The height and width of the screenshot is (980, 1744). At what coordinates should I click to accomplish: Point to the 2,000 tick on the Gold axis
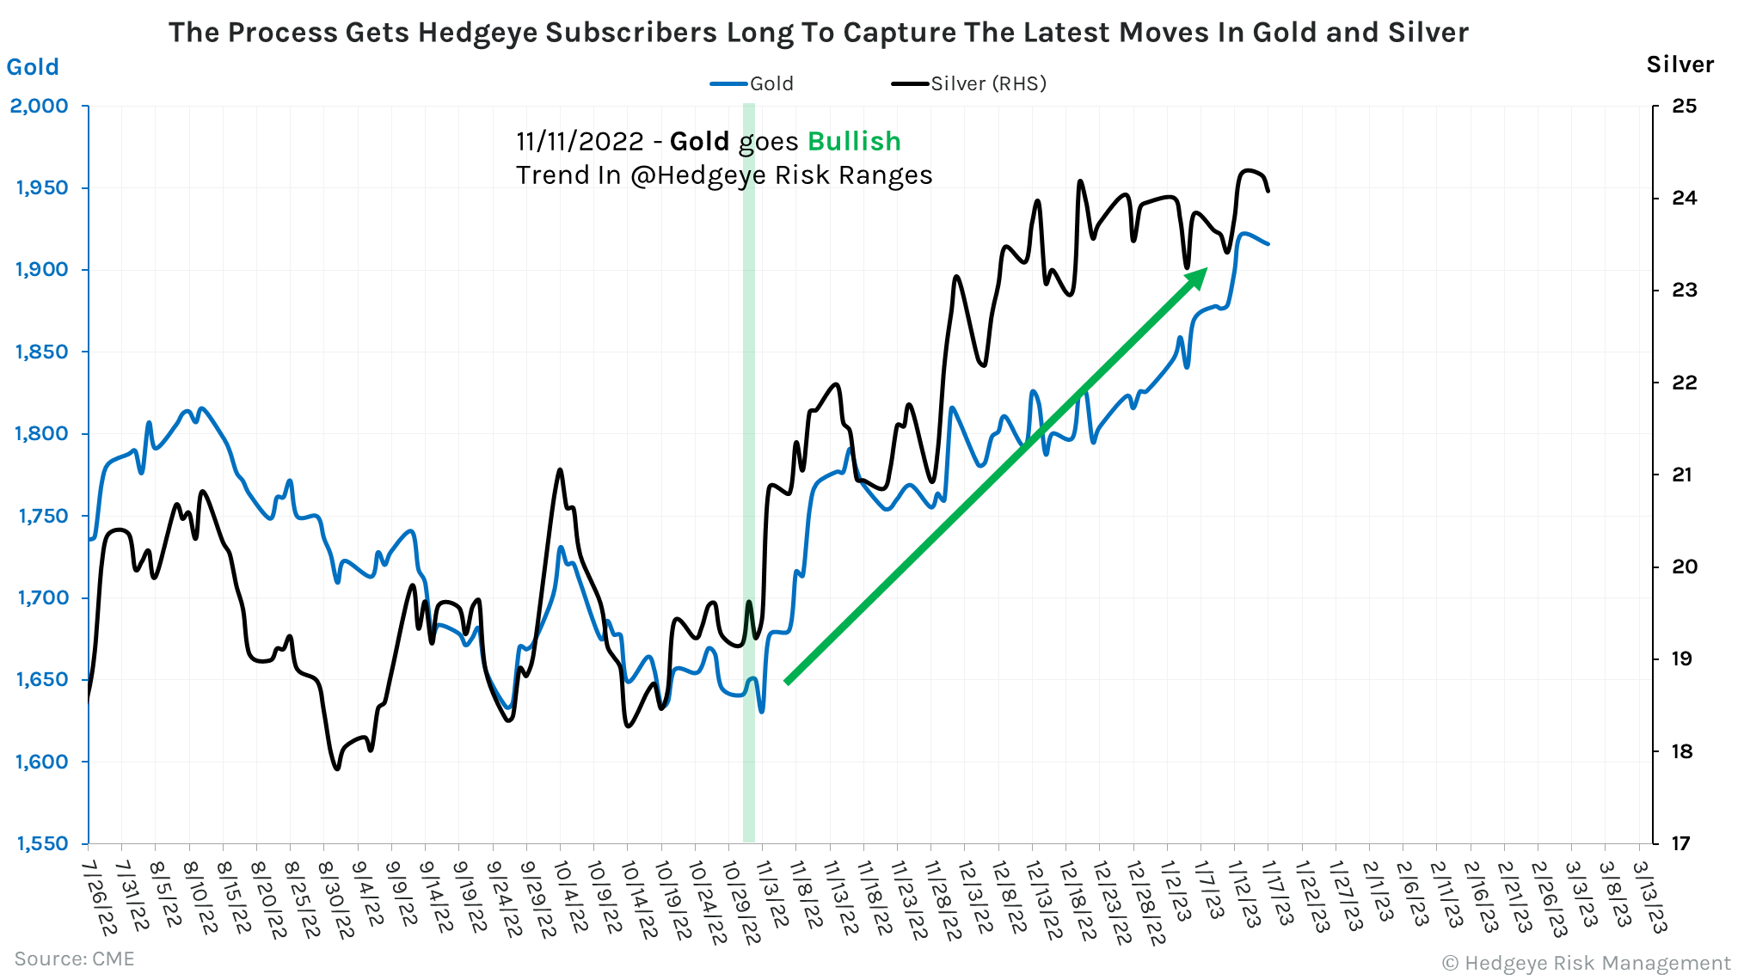40,106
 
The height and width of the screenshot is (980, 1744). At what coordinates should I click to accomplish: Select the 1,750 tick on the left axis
42,516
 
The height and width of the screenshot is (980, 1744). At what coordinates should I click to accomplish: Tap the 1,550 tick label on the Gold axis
42,843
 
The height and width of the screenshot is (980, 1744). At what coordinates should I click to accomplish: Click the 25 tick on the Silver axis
1684,106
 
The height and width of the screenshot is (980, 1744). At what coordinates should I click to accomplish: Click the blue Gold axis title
33,67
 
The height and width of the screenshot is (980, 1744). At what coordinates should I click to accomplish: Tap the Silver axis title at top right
1680,64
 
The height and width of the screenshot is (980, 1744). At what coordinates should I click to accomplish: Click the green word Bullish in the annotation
854,141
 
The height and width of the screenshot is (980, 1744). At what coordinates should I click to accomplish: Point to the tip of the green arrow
1205,271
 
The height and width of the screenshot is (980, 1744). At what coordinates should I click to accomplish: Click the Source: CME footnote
74,959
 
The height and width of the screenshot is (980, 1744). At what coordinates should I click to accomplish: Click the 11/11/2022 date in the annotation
580,141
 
